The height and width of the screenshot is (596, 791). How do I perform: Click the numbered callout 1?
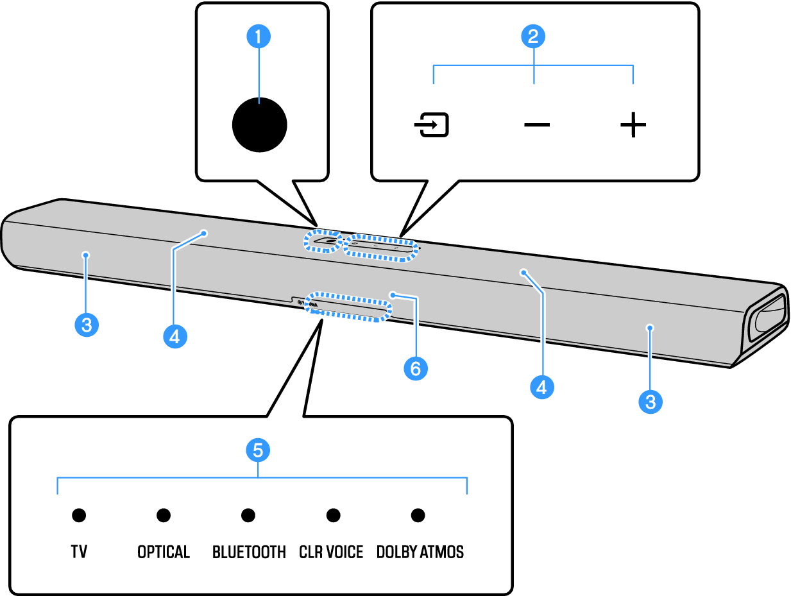(x=259, y=37)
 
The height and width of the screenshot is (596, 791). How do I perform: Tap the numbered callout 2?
(x=532, y=37)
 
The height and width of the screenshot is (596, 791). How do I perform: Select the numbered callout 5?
(x=258, y=450)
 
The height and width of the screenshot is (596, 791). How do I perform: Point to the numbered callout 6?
(x=415, y=368)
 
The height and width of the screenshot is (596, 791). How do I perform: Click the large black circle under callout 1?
(x=259, y=124)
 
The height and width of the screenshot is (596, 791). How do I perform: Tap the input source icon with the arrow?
(x=431, y=126)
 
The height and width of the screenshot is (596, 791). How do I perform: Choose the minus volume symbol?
(x=536, y=124)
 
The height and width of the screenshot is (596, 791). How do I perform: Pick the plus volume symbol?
(x=633, y=125)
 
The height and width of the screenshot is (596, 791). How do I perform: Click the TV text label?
(x=79, y=552)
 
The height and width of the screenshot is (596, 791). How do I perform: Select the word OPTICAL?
(x=164, y=552)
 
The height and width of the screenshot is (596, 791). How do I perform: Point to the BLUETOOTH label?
(x=249, y=552)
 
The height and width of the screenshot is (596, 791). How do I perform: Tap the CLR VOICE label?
(x=331, y=552)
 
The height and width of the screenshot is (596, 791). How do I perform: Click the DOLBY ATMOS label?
(x=420, y=552)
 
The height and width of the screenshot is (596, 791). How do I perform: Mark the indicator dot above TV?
(x=79, y=515)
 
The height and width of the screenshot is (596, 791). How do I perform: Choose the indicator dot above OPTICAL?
(x=164, y=515)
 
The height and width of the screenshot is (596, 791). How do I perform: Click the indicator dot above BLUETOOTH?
(x=248, y=515)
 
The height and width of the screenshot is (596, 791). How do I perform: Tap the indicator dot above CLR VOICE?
(x=333, y=515)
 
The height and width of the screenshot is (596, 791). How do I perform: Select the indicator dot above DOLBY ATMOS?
(x=418, y=515)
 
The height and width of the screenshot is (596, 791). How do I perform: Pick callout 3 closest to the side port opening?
(x=651, y=402)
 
